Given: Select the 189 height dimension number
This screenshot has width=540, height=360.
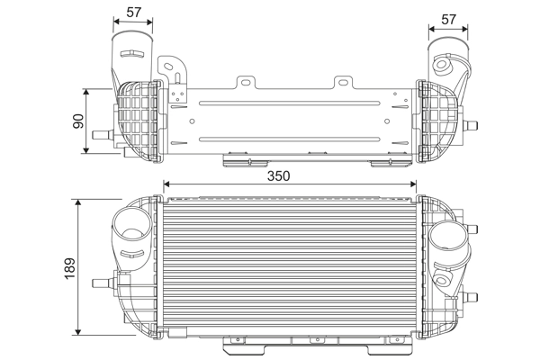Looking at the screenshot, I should coord(69,266).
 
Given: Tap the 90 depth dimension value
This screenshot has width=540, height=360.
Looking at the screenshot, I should coord(77,121).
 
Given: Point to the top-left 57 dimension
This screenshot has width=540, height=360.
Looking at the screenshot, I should coord(134,12).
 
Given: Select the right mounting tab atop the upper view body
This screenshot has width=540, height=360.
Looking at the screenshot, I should coord(343,84).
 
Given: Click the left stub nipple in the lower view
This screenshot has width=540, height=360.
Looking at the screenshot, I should coord(99,281).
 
